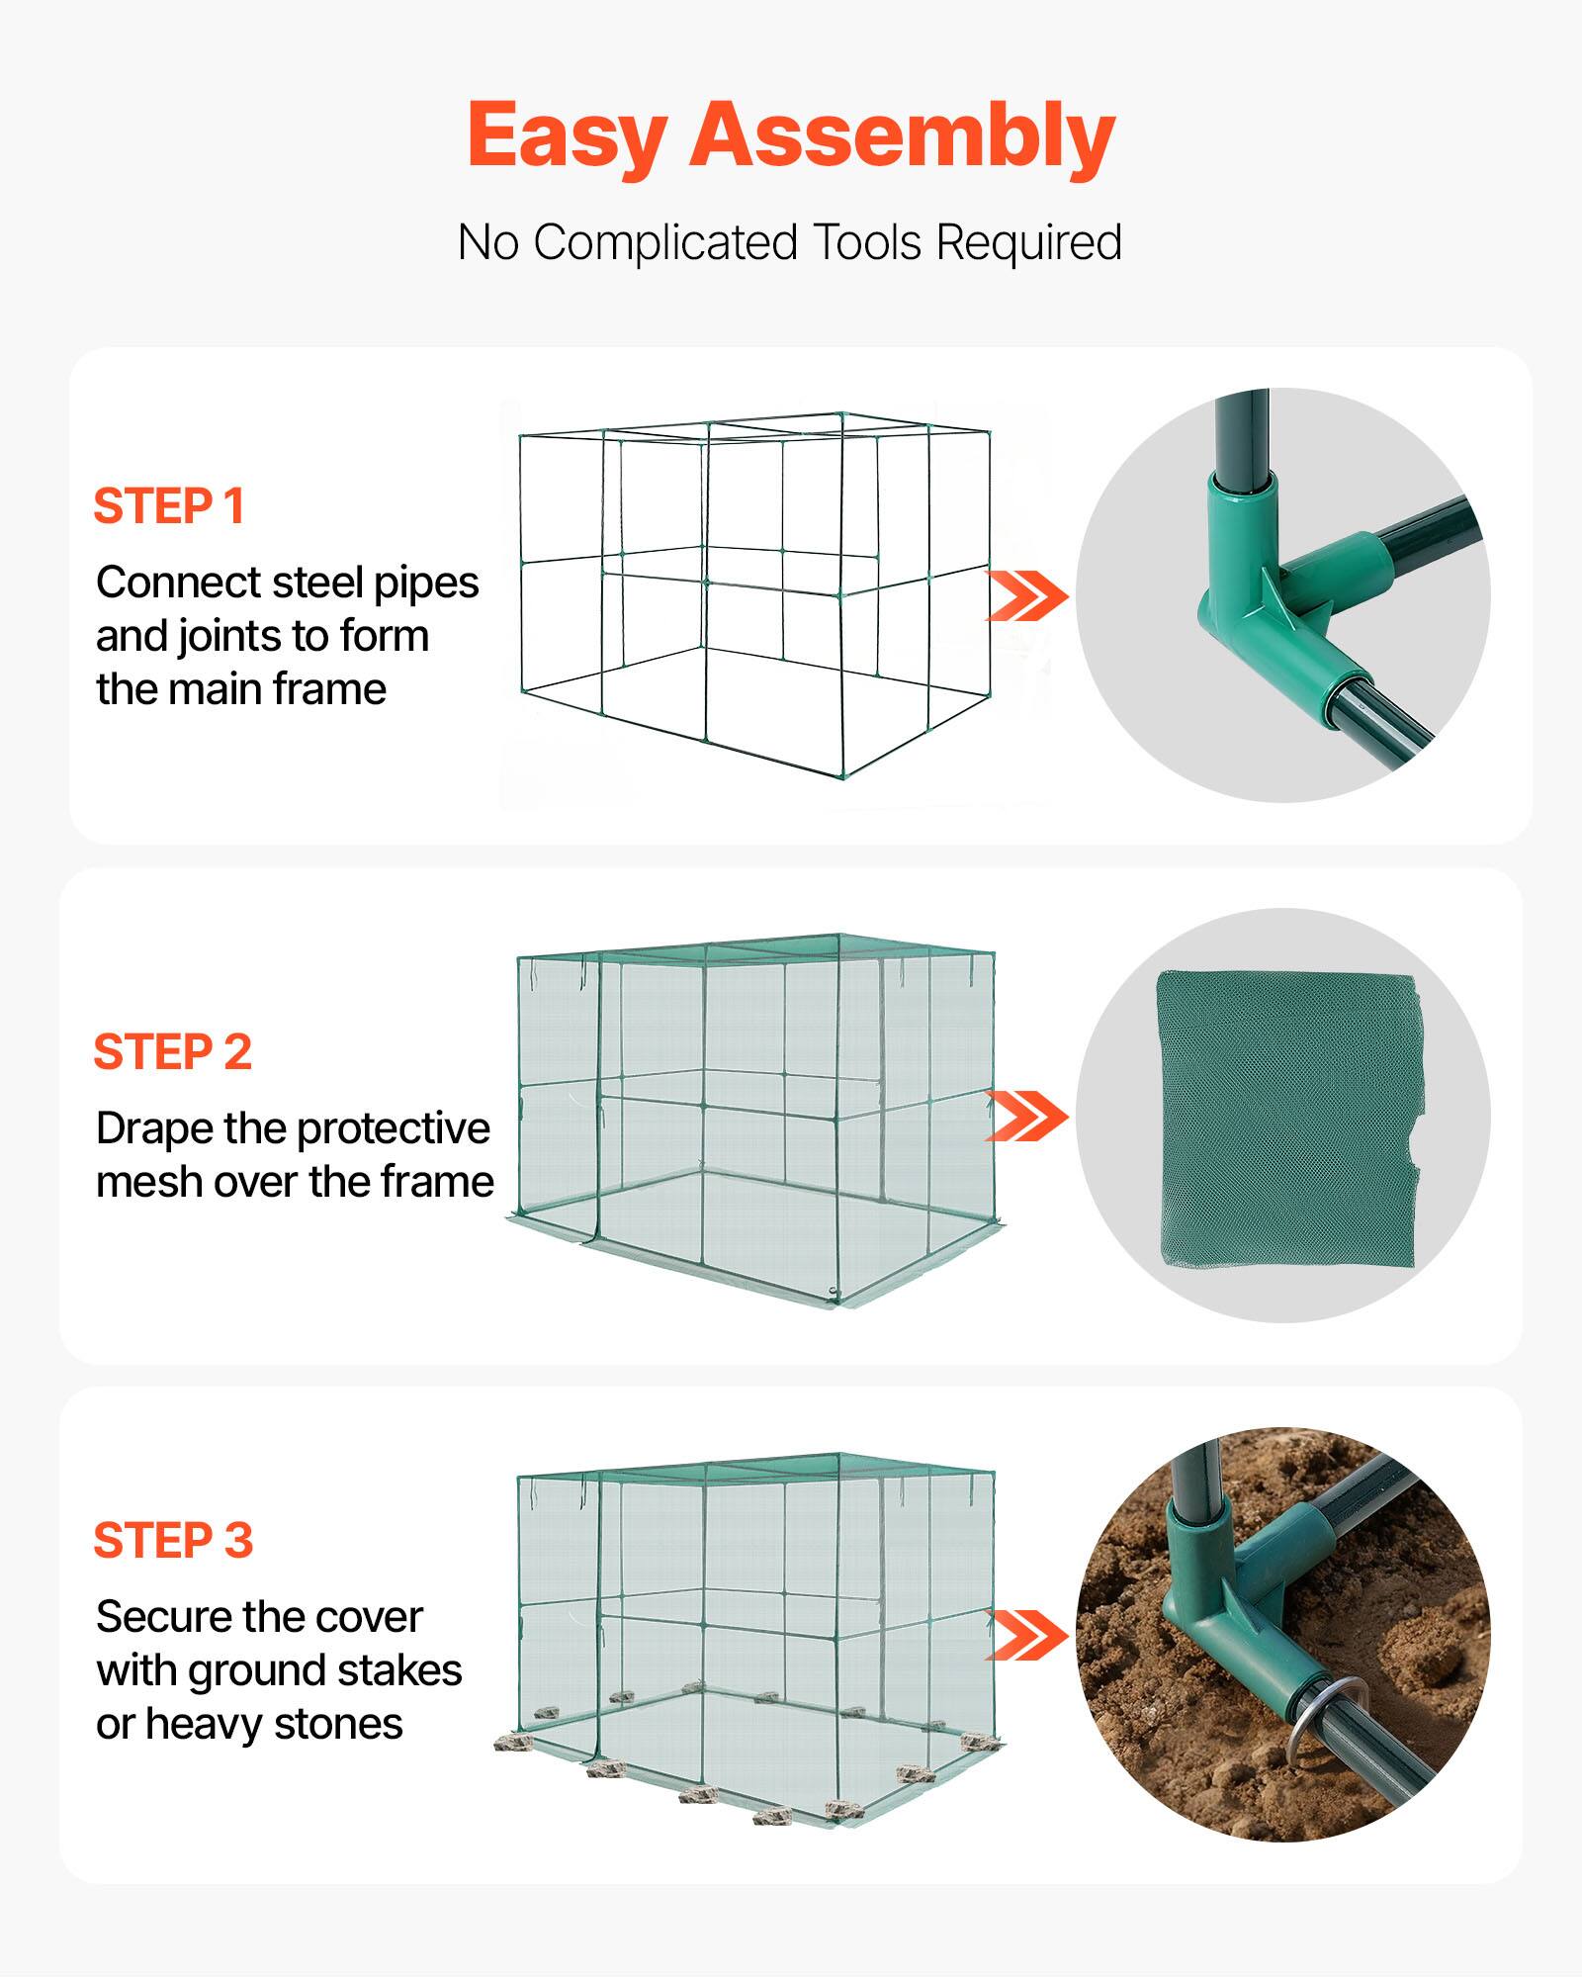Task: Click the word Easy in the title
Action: pos(568,136)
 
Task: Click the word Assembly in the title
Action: pos(902,136)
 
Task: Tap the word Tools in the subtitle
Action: pos(867,242)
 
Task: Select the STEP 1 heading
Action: pos(169,506)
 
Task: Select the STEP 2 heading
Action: pos(173,1052)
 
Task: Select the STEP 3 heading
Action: pos(174,1541)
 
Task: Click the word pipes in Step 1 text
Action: pos(426,584)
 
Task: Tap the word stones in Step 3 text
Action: pos(338,1725)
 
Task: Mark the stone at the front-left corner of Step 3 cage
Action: pos(512,1743)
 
